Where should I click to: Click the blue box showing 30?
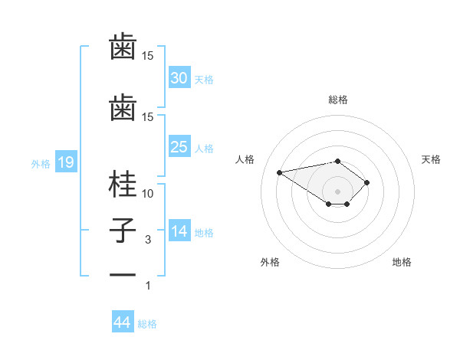tap(179, 77)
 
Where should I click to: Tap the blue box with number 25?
tap(179, 147)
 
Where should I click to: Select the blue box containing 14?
tap(179, 231)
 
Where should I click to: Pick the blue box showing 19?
tap(65, 162)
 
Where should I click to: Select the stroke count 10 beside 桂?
tap(148, 194)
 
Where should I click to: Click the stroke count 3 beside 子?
tap(148, 240)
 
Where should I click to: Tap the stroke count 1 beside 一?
tap(148, 286)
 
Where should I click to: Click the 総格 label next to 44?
tap(147, 324)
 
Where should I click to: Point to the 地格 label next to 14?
tap(205, 233)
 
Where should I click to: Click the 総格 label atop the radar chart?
tap(338, 100)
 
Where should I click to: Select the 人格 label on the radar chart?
tap(246, 159)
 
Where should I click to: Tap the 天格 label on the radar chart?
tap(431, 159)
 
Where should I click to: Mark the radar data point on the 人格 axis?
tap(280, 172)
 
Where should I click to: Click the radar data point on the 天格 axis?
tap(367, 182)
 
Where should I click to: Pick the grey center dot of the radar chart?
tap(338, 191)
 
